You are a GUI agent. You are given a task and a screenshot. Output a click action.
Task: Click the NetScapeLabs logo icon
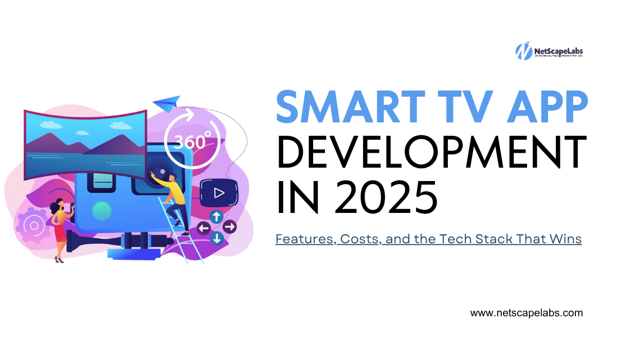click(523, 51)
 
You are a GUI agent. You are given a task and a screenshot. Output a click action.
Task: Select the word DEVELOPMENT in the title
click(431, 153)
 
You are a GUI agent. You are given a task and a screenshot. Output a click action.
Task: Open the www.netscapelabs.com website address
click(527, 313)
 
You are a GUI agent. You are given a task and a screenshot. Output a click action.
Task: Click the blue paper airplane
click(167, 101)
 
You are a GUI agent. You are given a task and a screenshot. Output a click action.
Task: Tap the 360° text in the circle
click(193, 140)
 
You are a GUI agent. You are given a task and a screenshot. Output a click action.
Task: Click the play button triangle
click(220, 193)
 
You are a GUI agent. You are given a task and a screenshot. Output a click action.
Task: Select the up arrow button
click(216, 215)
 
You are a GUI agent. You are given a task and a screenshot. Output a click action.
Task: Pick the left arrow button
click(204, 227)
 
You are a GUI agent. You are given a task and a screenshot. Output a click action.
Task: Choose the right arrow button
click(230, 226)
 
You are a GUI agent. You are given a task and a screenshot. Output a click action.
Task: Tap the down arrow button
click(216, 238)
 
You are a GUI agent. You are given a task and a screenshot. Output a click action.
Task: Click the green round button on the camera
click(101, 211)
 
